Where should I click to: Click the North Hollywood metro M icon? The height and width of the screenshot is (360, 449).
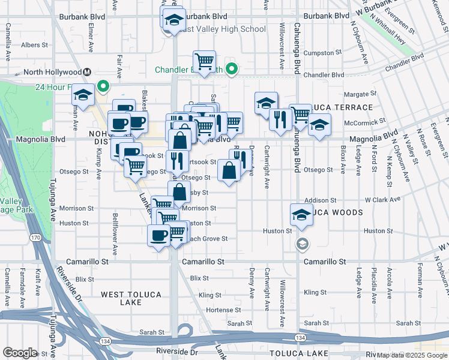click(88, 72)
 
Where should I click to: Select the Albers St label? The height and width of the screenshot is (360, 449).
click(34, 45)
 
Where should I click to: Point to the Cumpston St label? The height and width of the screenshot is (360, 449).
click(322, 53)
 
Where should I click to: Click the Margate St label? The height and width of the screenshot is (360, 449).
click(360, 94)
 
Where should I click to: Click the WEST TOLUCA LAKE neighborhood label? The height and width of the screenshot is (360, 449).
click(130, 298)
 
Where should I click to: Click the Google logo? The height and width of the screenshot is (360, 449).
click(19, 353)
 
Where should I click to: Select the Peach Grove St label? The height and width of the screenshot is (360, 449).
click(208, 238)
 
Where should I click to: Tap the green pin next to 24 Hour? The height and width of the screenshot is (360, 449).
click(103, 87)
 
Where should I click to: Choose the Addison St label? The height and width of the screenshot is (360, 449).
click(320, 200)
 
